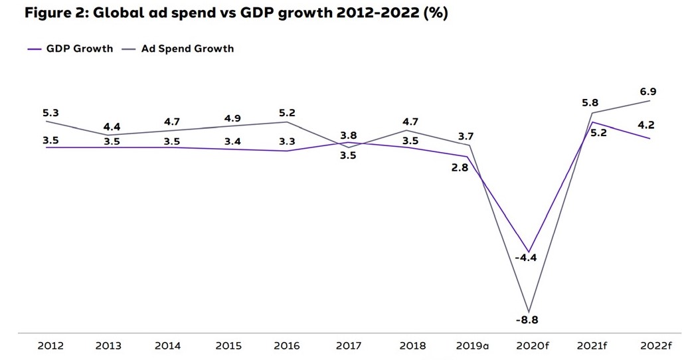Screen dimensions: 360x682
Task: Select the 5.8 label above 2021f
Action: [x=590, y=103]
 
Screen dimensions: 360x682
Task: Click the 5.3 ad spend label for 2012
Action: [x=50, y=114]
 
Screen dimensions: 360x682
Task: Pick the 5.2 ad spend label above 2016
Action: [x=287, y=114]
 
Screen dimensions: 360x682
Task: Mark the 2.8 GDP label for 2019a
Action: [x=460, y=168]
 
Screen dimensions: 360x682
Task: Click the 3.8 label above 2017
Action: [x=349, y=135]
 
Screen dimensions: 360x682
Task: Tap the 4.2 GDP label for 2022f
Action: [x=645, y=125]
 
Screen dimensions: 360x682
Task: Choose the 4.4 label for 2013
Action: [x=112, y=126]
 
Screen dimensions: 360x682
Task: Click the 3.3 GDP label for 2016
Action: [x=287, y=141]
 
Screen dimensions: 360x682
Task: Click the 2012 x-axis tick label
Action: [x=50, y=345]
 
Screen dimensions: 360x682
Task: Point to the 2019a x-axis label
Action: [x=472, y=345]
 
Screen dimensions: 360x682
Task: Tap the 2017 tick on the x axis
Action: [x=349, y=345]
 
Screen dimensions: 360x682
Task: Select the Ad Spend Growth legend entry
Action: [x=187, y=48]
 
